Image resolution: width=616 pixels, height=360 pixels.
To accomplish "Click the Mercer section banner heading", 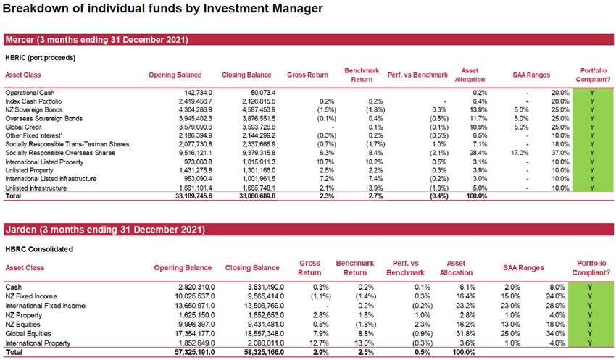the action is point(96,40).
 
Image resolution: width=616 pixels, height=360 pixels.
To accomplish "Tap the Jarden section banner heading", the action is point(105,230).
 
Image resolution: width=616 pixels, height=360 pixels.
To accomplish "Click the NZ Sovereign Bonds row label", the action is point(34,110).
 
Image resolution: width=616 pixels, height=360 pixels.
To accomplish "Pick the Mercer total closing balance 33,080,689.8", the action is point(257,196).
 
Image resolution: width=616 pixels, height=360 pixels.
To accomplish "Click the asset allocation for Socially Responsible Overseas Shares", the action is point(479,153).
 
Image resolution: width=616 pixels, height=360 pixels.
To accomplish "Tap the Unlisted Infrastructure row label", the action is point(36,188).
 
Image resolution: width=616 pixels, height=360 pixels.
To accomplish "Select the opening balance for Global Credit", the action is point(195,127).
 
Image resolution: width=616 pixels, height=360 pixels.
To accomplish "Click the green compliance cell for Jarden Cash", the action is point(590,288).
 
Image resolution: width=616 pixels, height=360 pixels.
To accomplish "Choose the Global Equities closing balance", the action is point(264,334).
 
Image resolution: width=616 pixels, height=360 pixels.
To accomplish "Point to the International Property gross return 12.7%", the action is point(320,343).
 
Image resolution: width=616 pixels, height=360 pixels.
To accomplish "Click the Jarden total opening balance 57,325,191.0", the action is point(194,353).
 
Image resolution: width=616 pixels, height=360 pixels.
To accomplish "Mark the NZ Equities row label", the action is point(22,325).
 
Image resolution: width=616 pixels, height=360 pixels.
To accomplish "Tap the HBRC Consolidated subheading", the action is point(39,249).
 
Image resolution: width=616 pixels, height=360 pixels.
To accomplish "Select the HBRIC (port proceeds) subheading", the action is point(40,58).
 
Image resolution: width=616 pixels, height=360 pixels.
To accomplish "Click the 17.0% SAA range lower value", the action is point(520,153).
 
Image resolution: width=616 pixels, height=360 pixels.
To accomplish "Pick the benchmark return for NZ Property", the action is point(366,315).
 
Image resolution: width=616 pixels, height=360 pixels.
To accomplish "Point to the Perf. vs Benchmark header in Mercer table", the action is point(417,75).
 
